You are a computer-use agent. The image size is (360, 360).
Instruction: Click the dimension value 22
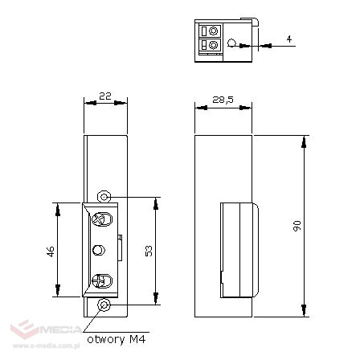coord(104,95)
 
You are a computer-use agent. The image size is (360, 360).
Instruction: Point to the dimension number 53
coord(149,252)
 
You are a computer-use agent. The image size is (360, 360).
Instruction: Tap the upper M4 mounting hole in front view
coord(103,198)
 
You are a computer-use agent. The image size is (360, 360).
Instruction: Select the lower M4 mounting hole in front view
coord(103,305)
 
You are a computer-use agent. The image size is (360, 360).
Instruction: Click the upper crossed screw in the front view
coord(101,219)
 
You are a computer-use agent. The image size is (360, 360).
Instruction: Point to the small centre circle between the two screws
coord(100,250)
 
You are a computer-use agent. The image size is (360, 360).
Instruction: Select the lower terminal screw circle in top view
coord(214,45)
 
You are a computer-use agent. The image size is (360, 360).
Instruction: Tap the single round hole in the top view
coord(232,43)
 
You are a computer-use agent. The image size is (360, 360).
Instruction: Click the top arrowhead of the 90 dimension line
coord(304,141)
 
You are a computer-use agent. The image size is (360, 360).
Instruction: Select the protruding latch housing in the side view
coord(239,249)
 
